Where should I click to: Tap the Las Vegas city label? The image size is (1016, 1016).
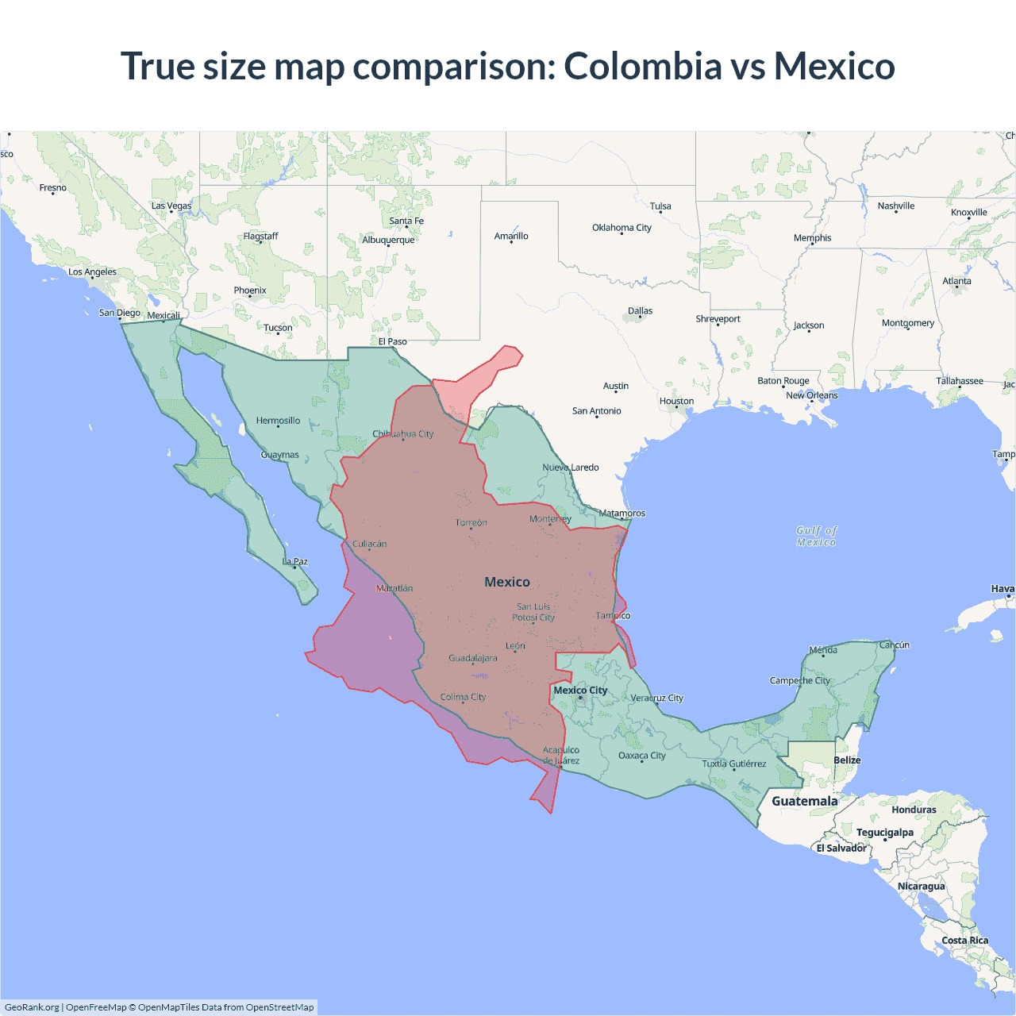click(x=171, y=206)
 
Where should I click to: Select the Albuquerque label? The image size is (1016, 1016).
click(x=388, y=240)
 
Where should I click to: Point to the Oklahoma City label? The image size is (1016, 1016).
click(x=622, y=228)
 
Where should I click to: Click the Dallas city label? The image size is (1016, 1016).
click(x=640, y=311)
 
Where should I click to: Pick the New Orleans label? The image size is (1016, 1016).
click(x=811, y=395)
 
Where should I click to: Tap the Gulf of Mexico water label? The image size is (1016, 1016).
click(x=816, y=536)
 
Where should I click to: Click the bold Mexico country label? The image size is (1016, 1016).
click(x=507, y=582)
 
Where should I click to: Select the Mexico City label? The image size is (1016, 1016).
click(x=580, y=691)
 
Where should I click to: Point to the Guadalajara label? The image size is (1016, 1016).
click(x=473, y=658)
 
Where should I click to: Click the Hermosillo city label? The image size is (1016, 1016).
click(x=278, y=421)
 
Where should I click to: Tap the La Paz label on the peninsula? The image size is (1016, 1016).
click(x=295, y=562)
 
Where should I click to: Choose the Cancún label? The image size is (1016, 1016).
click(x=894, y=645)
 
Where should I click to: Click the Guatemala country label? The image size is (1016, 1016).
click(x=804, y=801)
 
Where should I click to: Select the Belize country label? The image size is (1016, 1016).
click(x=847, y=760)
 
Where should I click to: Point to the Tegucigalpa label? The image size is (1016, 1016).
click(x=884, y=833)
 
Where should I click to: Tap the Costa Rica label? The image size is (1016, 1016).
click(x=964, y=941)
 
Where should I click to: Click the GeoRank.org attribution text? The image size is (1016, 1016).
click(x=32, y=1007)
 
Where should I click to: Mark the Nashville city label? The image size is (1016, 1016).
click(x=895, y=206)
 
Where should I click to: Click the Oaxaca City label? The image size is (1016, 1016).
click(x=641, y=756)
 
